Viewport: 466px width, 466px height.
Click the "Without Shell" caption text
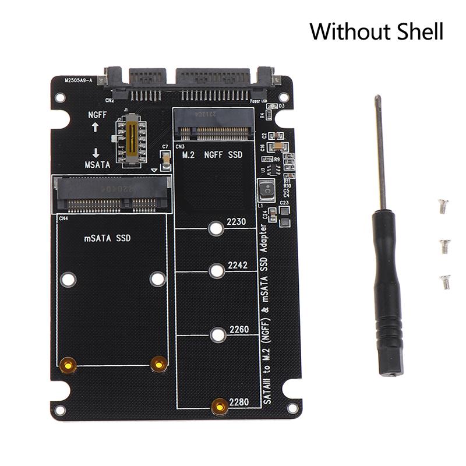coord(376,31)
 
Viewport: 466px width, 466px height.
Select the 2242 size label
coord(238,265)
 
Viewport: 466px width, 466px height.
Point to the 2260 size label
coord(238,329)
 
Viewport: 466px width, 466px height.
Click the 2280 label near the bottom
coord(238,402)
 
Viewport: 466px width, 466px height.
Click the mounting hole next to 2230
coord(216,228)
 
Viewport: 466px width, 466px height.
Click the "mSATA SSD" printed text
coord(107,238)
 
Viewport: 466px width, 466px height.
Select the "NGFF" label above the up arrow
coord(94,115)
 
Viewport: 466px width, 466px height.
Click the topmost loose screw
coord(443,206)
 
